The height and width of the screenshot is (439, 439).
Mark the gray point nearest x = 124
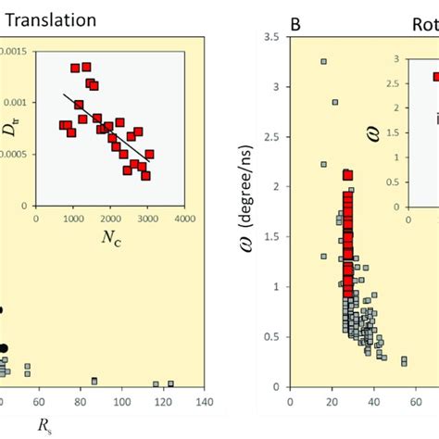169,383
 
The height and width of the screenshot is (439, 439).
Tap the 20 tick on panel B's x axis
332,402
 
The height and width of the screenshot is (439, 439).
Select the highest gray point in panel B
323,62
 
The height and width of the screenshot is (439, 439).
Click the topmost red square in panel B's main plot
348,174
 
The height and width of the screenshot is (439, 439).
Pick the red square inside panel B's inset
436,78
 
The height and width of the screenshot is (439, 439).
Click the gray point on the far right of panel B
404,360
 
